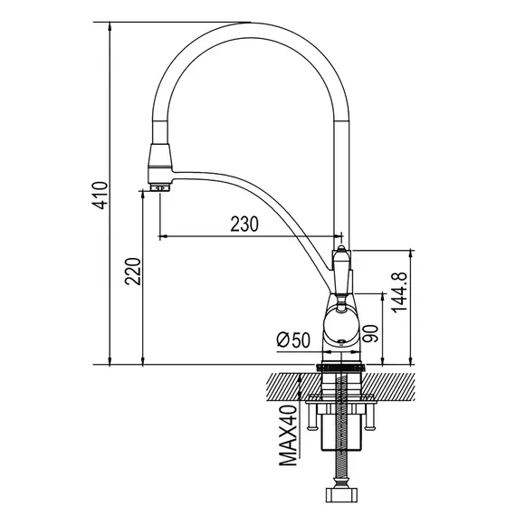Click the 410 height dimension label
point(100,196)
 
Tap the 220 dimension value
point(132,272)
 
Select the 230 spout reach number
point(244,224)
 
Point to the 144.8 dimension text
point(399,292)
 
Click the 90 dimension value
point(370,333)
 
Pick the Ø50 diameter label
point(293,339)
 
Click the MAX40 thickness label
point(288,435)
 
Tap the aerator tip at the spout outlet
point(159,188)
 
